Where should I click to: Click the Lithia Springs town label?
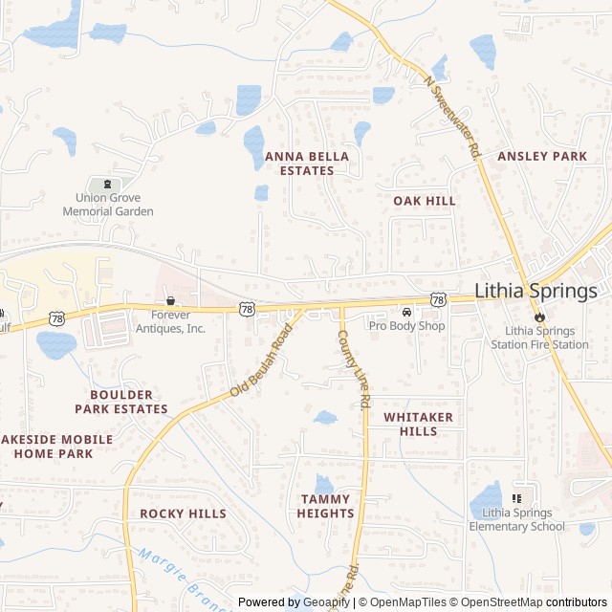pyautogui.click(x=535, y=292)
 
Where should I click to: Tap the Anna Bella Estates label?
pyautogui.click(x=307, y=163)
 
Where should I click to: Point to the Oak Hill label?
pyautogui.click(x=425, y=201)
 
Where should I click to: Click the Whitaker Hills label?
pyautogui.click(x=419, y=424)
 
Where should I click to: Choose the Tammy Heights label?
pyautogui.click(x=325, y=506)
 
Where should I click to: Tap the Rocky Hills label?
pyautogui.click(x=184, y=514)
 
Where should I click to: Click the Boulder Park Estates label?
pyautogui.click(x=128, y=402)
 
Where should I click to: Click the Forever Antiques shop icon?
pyautogui.click(x=170, y=301)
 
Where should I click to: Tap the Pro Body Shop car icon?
pyautogui.click(x=407, y=313)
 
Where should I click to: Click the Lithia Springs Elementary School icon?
pyautogui.click(x=517, y=498)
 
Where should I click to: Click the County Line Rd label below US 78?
pyautogui.click(x=353, y=371)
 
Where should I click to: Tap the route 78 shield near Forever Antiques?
pyautogui.click(x=247, y=308)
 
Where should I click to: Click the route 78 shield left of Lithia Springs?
pyautogui.click(x=438, y=300)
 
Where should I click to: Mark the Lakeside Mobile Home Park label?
pyautogui.click(x=56, y=446)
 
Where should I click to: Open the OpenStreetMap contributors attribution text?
pyautogui.click(x=542, y=602)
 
